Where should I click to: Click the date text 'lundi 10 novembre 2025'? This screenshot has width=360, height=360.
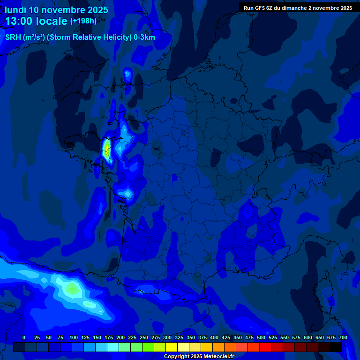click(x=56, y=10)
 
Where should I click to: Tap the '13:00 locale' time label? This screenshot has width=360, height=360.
click(x=37, y=21)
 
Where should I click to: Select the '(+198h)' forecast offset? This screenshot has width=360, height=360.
click(x=83, y=21)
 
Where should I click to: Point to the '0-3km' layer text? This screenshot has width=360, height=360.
click(x=144, y=37)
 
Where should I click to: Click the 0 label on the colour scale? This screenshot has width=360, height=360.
click(x=24, y=337)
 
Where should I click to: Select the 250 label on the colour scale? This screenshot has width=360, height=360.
click(x=144, y=337)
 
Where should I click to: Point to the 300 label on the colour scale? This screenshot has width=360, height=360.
click(x=167, y=337)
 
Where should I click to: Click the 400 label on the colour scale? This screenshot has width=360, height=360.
click(x=214, y=337)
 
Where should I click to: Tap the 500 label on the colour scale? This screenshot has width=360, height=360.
click(x=261, y=337)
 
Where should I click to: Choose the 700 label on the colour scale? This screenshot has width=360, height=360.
click(x=343, y=337)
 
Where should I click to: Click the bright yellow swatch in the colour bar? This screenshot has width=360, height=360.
click(x=172, y=347)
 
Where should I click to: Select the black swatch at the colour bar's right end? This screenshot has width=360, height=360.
click(x=336, y=347)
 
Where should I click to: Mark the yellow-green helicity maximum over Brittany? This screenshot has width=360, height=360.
click(x=107, y=150)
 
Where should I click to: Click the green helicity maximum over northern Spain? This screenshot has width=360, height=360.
click(x=72, y=287)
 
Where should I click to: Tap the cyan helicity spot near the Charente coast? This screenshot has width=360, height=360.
click(x=127, y=193)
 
